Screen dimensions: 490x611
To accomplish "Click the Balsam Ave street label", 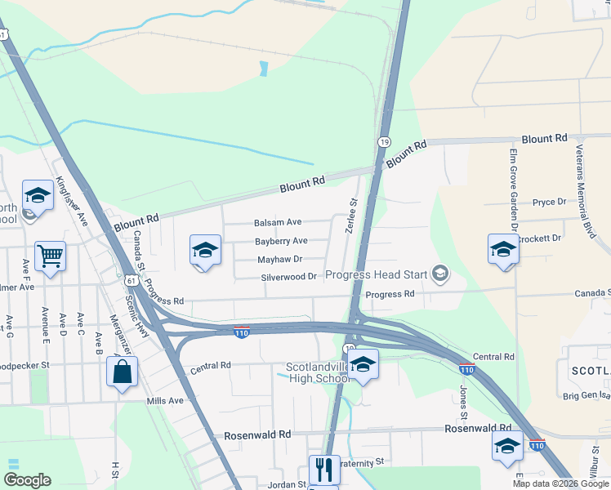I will (278, 222).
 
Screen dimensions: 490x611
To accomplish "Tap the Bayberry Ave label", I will (281, 241).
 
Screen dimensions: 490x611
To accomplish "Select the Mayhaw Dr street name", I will (280, 259).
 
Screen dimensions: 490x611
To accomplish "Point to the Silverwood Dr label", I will (288, 277).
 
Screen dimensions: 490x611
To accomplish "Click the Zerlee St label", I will (353, 216).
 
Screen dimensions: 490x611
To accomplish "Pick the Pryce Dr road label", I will (549, 202).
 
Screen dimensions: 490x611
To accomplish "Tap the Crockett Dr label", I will (539, 238).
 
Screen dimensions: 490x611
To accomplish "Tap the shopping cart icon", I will (51, 256).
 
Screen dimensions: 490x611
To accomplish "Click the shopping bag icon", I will (122, 372).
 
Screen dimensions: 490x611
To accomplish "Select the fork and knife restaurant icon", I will (324, 470).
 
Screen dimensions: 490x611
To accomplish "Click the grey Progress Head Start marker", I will (441, 274).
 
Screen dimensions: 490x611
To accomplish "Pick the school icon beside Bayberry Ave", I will (205, 250).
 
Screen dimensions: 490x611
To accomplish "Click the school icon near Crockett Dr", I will (503, 249).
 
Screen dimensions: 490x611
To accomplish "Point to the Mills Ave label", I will (165, 401).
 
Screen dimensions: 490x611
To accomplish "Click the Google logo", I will (27, 480).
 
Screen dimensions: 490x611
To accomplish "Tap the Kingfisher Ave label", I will (71, 202).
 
